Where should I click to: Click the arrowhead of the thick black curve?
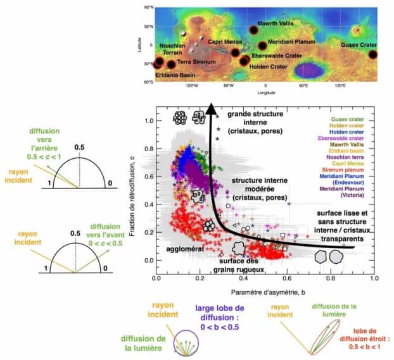[x=209, y=106]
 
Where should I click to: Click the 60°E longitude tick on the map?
[x=303, y=85]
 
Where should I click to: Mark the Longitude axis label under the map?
[x=265, y=91]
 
